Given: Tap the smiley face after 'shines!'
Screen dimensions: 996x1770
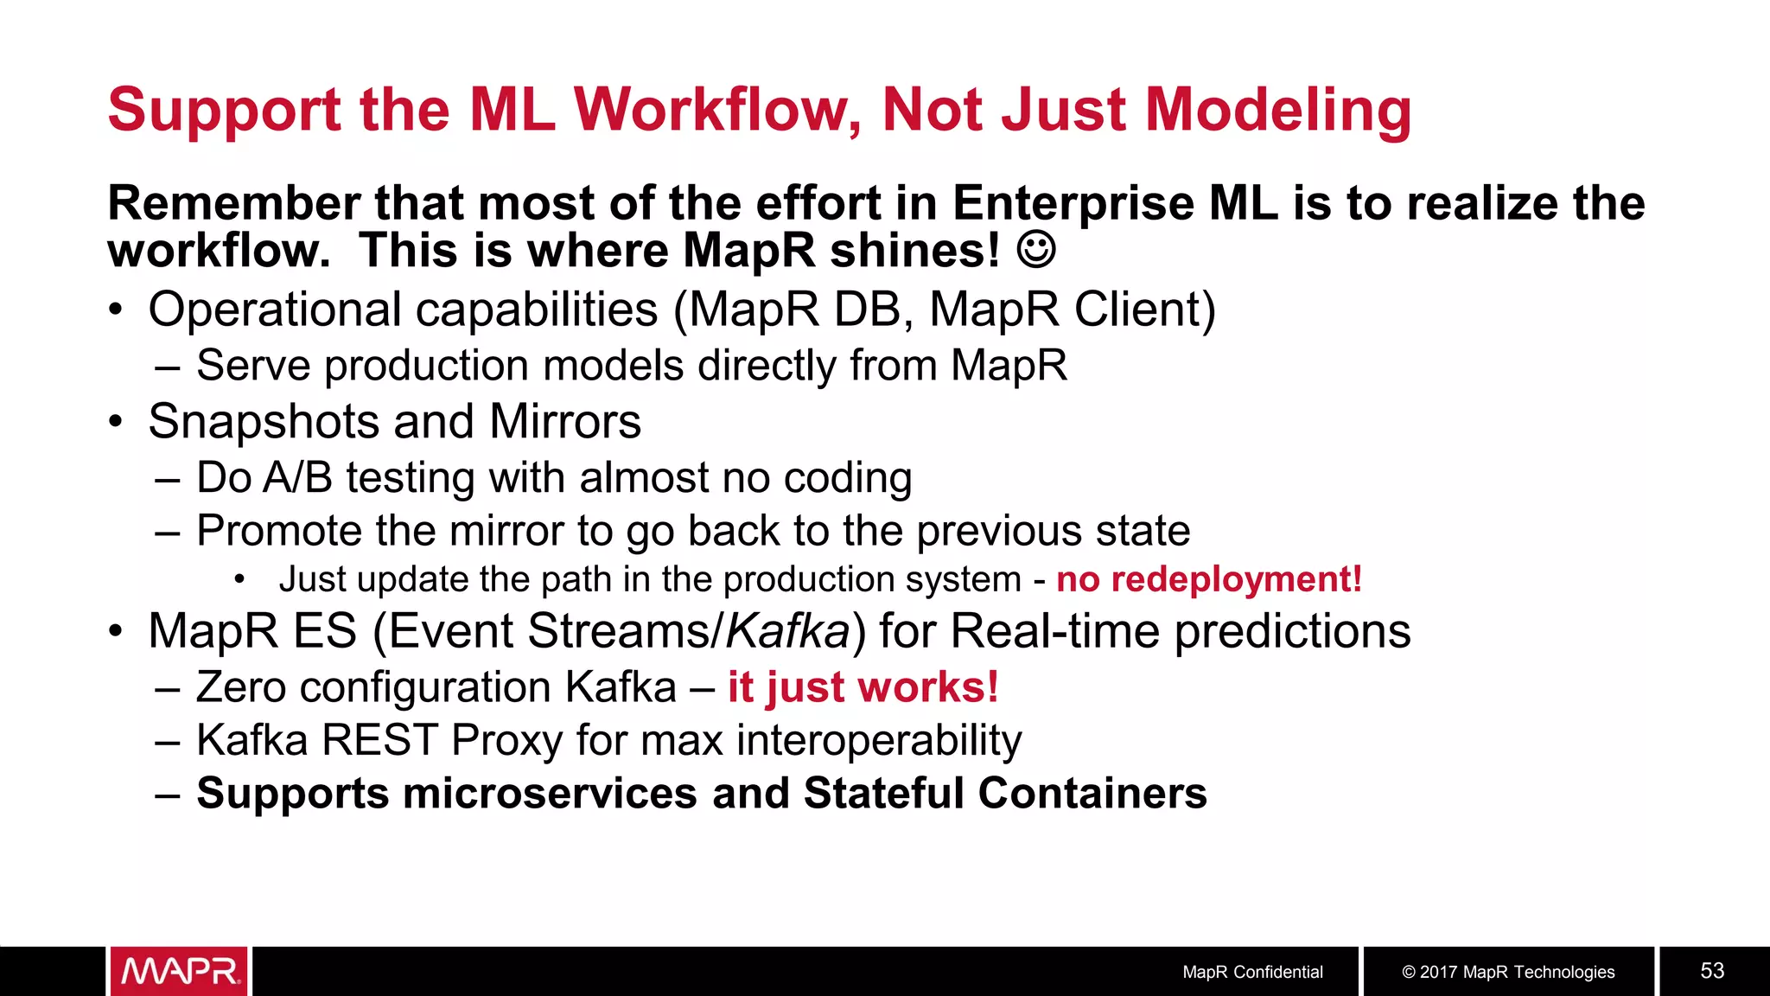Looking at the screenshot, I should [1035, 250].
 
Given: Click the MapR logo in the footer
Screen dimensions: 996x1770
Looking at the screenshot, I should [180, 971].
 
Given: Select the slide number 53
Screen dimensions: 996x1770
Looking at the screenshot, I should [1712, 971].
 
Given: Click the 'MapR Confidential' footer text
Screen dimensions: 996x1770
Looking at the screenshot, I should [1252, 972].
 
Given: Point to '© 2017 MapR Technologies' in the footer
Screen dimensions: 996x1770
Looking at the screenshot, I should [1508, 972].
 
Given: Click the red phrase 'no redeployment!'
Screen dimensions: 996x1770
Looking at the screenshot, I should [1209, 579].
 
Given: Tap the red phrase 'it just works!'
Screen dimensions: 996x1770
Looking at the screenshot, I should [863, 687].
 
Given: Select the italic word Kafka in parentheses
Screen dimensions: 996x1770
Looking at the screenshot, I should [787, 631].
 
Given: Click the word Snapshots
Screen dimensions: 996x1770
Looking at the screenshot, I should [264, 422].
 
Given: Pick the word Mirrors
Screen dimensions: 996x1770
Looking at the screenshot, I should [565, 422].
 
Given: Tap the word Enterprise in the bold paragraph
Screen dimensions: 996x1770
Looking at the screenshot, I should [1072, 204].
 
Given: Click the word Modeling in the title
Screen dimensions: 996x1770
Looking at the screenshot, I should [1278, 110].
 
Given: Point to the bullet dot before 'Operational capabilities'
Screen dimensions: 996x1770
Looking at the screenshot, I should [116, 310].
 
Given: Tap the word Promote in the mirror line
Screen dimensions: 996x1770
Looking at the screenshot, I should [278, 531].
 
